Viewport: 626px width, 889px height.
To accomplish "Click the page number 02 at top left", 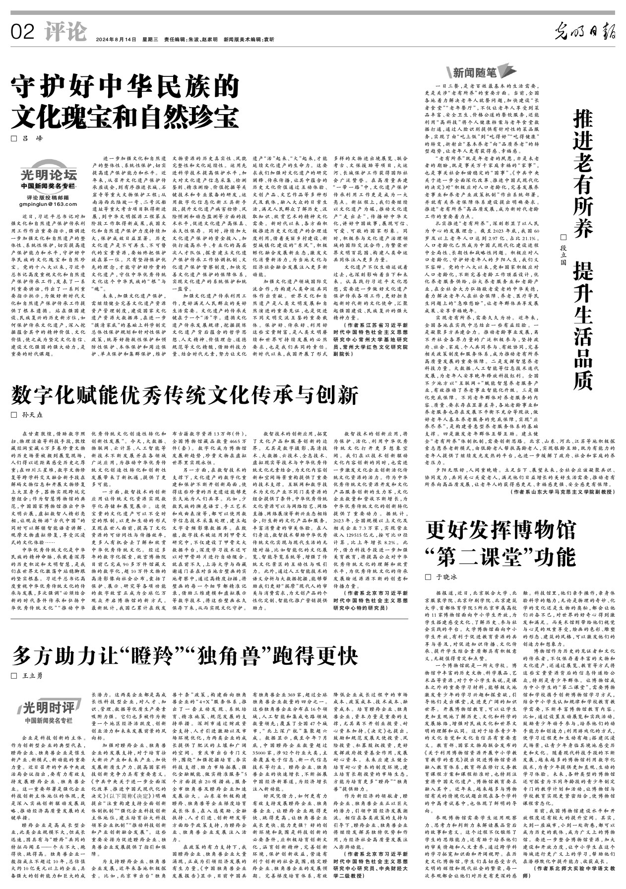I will tap(23, 33).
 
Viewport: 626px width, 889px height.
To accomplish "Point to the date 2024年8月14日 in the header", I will tap(116, 40).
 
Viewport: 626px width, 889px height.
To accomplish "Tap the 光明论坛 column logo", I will tap(49, 175).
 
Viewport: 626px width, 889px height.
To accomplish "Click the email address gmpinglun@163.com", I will tap(49, 204).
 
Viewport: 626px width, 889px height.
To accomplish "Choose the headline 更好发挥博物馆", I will tap(501, 530).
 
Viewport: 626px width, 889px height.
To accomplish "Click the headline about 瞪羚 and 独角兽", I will tap(185, 656).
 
